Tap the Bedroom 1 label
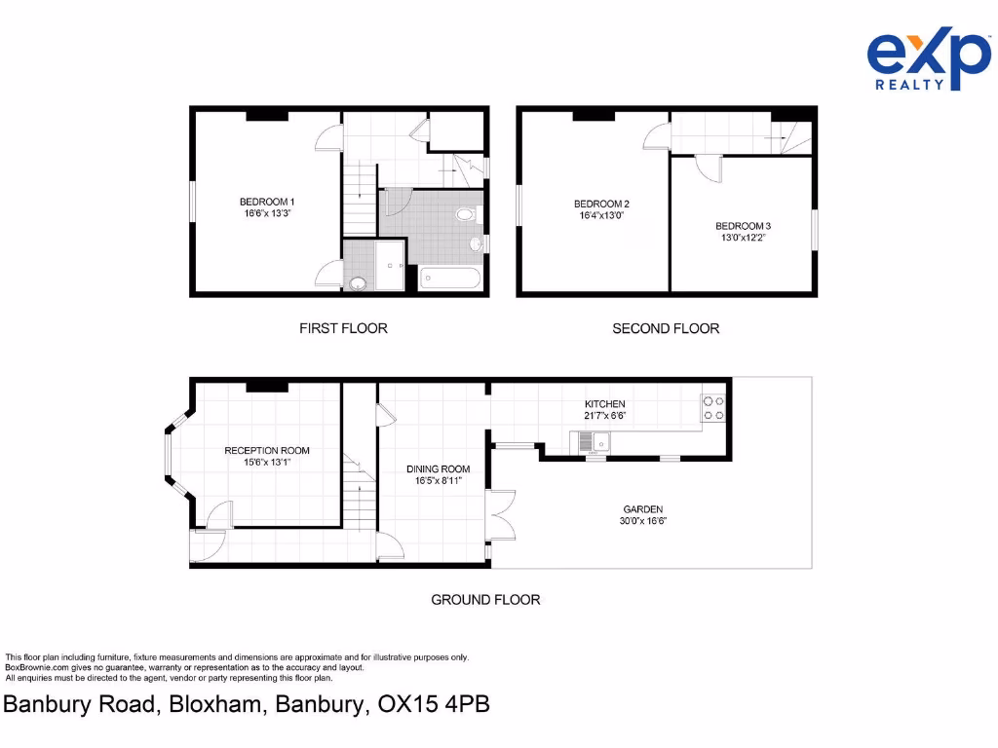267,202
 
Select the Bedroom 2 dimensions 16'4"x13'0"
601,216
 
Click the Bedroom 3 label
743,226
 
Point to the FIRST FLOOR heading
343,328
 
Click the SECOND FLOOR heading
666,328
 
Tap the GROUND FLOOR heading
485,599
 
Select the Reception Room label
267,450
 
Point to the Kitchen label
604,404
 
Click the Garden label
643,509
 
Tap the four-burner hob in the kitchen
713,407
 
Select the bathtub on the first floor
450,280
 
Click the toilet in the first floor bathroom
466,214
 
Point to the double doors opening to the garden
501,514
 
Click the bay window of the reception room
169,456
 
